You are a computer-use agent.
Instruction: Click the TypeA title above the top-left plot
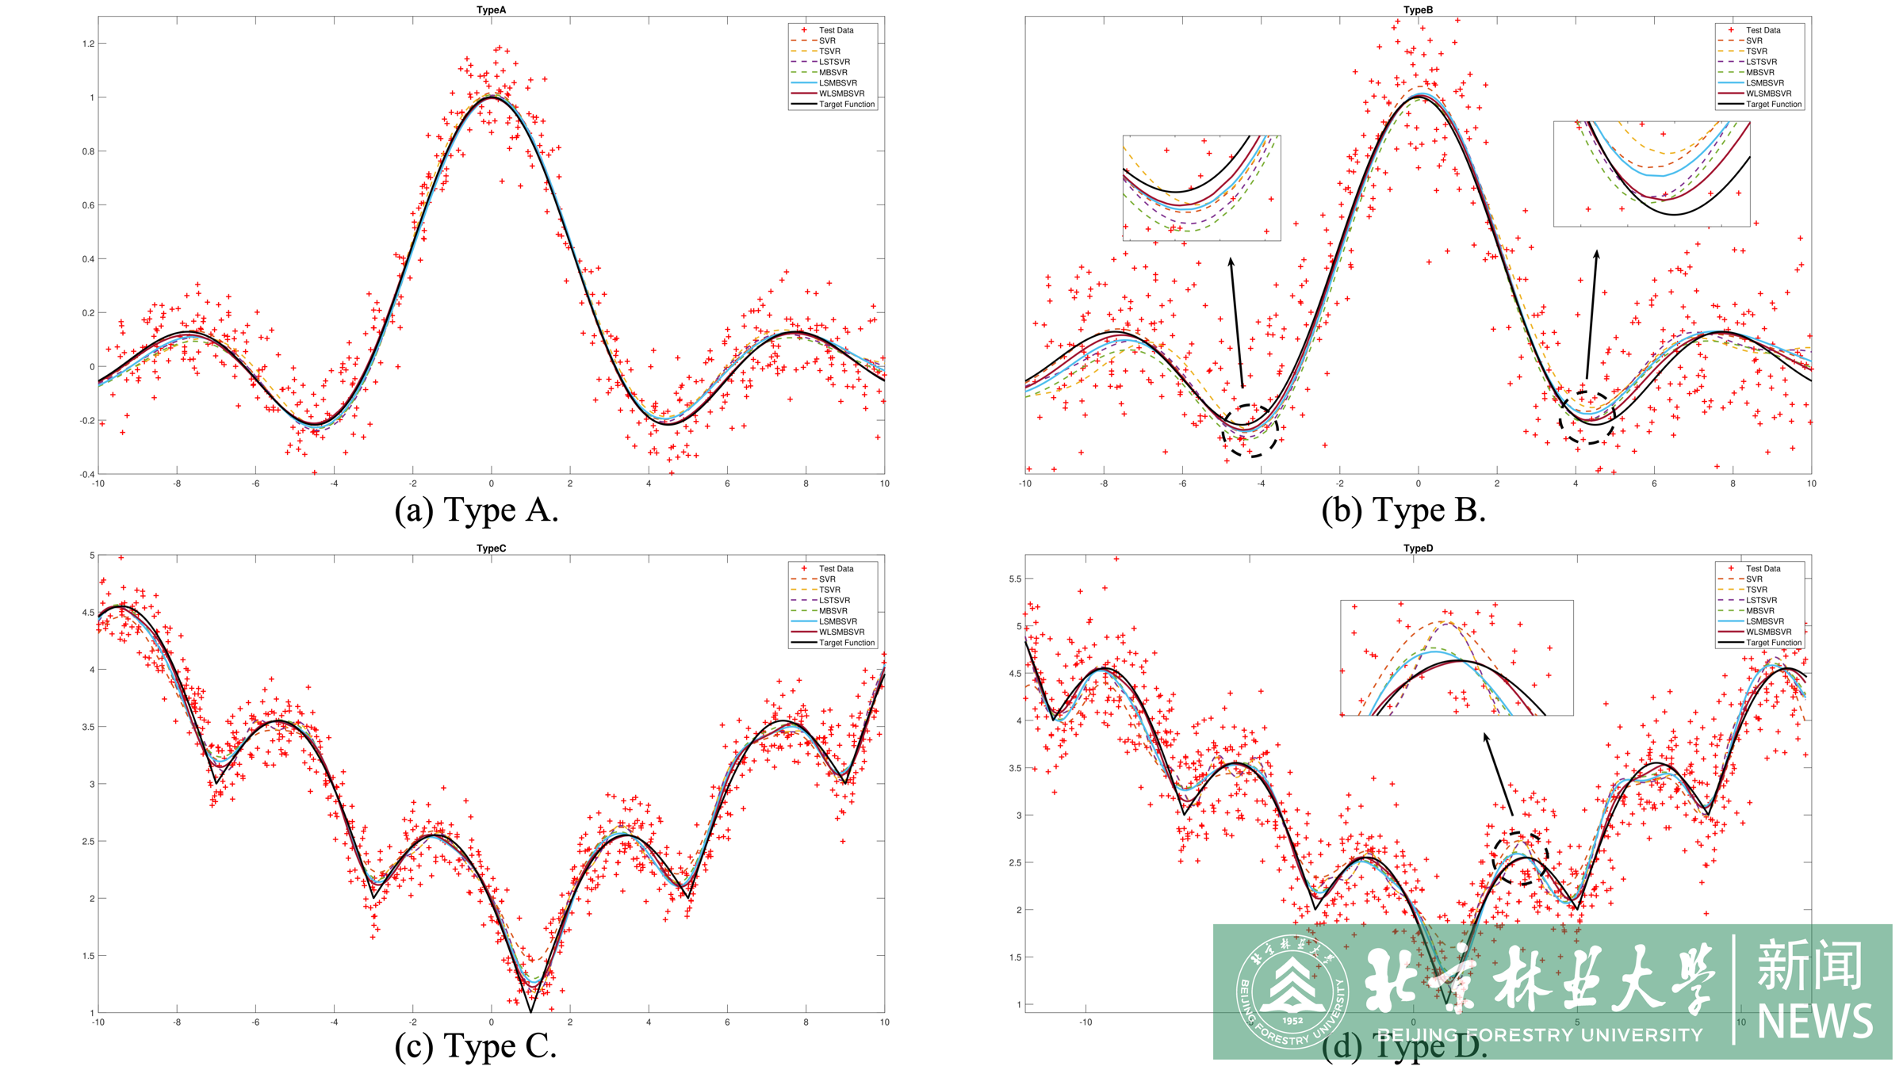(491, 10)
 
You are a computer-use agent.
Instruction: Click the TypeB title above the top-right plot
(1418, 10)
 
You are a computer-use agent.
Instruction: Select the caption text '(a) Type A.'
(477, 510)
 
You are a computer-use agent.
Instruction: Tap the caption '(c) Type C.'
(476, 1045)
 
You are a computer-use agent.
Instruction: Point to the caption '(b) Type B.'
(1403, 510)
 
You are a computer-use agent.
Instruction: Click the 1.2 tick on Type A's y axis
(88, 44)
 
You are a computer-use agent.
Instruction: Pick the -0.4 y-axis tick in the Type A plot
(86, 474)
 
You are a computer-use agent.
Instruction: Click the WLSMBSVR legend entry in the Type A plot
(841, 94)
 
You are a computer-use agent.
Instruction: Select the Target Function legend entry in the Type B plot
(1773, 104)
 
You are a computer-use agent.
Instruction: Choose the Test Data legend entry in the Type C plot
(836, 568)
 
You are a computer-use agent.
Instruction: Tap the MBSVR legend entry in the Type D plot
(1759, 611)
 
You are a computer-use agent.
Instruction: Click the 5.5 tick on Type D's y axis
(1015, 579)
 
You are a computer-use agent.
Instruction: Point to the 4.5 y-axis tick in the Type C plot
(88, 613)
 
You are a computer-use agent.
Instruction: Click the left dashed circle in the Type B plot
(1250, 430)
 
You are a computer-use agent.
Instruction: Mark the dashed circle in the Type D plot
(1520, 858)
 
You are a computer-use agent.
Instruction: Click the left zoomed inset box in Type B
(1201, 188)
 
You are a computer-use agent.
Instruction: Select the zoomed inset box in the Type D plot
(1457, 658)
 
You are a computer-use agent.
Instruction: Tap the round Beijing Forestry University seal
(1292, 992)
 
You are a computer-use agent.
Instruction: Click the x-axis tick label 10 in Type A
(884, 483)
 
